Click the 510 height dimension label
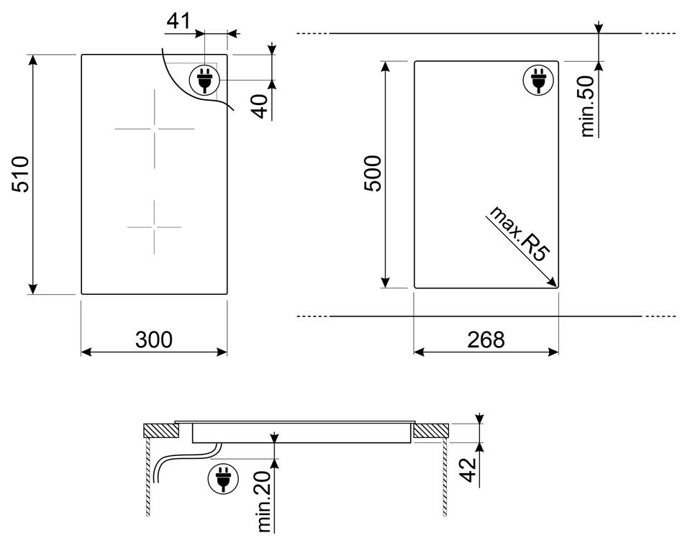[x=21, y=174]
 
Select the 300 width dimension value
[x=154, y=339]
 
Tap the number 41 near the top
[x=178, y=21]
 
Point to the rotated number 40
[x=260, y=106]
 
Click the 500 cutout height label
[x=373, y=173]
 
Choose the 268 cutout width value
[x=486, y=339]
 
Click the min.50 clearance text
[x=588, y=106]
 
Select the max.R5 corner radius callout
[x=518, y=234]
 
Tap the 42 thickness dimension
[x=468, y=470]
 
